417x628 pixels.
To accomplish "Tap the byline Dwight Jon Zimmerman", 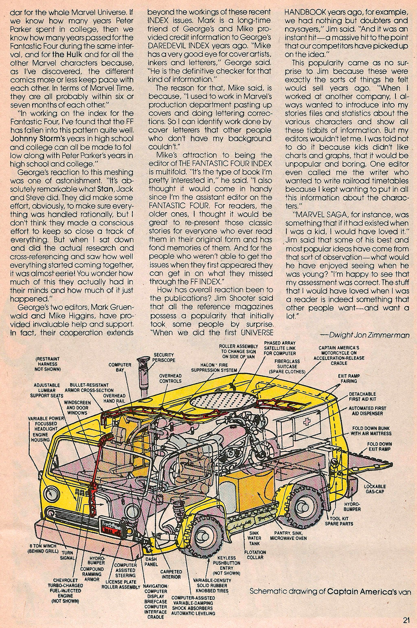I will (x=364, y=335).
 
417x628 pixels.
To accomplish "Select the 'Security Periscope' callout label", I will (x=164, y=357).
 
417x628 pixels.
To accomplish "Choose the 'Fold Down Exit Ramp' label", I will (x=379, y=446).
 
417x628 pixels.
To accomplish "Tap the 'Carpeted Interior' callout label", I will (x=171, y=574).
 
